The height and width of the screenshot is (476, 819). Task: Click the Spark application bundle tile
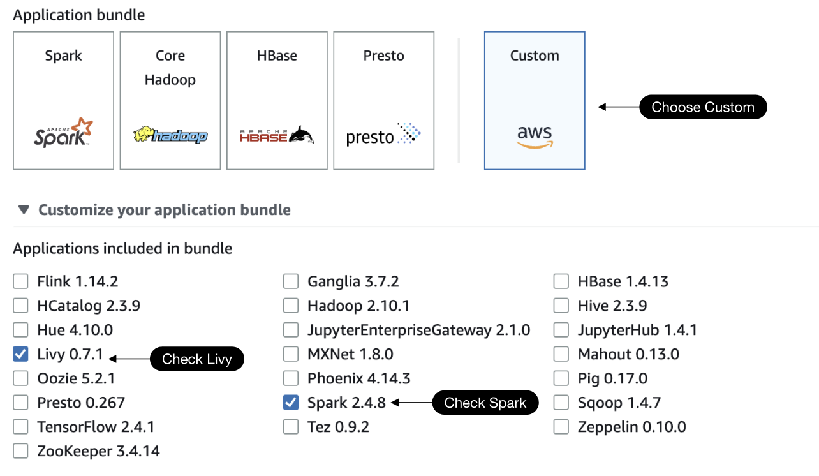pos(63,101)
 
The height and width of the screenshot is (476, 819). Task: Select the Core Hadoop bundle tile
pos(170,101)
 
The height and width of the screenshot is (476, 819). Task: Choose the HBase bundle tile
pos(277,101)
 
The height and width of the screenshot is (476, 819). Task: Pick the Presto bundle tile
pos(383,101)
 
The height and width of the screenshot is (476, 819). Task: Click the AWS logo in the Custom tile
pos(535,136)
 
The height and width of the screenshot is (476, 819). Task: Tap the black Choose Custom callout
pos(702,107)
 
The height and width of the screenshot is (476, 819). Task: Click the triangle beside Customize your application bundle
pos(24,210)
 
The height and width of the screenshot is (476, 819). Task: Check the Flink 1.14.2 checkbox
pos(21,281)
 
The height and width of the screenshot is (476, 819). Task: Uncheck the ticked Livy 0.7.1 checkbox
pos(21,354)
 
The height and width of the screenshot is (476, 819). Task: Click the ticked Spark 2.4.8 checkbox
pos(291,403)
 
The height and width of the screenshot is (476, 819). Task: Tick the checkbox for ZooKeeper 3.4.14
pos(21,451)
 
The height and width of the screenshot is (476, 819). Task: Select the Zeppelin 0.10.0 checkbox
pos(561,427)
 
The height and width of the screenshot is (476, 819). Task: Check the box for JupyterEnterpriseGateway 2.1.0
pos(291,330)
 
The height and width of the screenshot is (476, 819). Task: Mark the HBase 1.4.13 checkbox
pos(561,281)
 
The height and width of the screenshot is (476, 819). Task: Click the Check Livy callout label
pos(196,359)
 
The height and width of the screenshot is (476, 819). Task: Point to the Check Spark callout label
pos(485,403)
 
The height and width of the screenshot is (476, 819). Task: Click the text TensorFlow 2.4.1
pos(96,427)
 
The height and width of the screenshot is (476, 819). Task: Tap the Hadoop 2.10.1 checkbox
pos(291,306)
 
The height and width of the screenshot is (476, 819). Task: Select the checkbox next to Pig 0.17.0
pos(561,378)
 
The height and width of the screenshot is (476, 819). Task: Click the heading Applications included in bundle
pos(122,248)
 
